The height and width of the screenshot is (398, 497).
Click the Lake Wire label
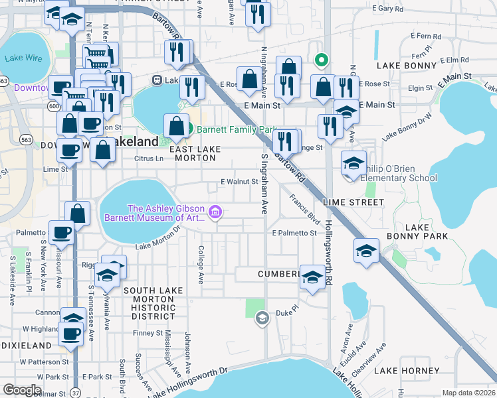(23, 58)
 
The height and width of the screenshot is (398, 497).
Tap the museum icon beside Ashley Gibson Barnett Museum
(215, 212)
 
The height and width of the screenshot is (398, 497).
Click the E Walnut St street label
(239, 182)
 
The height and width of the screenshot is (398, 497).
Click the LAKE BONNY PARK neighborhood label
(417, 232)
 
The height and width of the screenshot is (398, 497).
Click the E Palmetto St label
(294, 233)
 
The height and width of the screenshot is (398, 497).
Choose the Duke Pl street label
(284, 312)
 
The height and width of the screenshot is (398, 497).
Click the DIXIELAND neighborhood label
(26, 346)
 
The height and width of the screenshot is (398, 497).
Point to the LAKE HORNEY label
(406, 371)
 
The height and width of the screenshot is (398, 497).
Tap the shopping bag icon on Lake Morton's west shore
(78, 214)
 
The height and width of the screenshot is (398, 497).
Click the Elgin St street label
(421, 88)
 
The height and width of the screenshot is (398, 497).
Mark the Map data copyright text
(469, 393)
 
